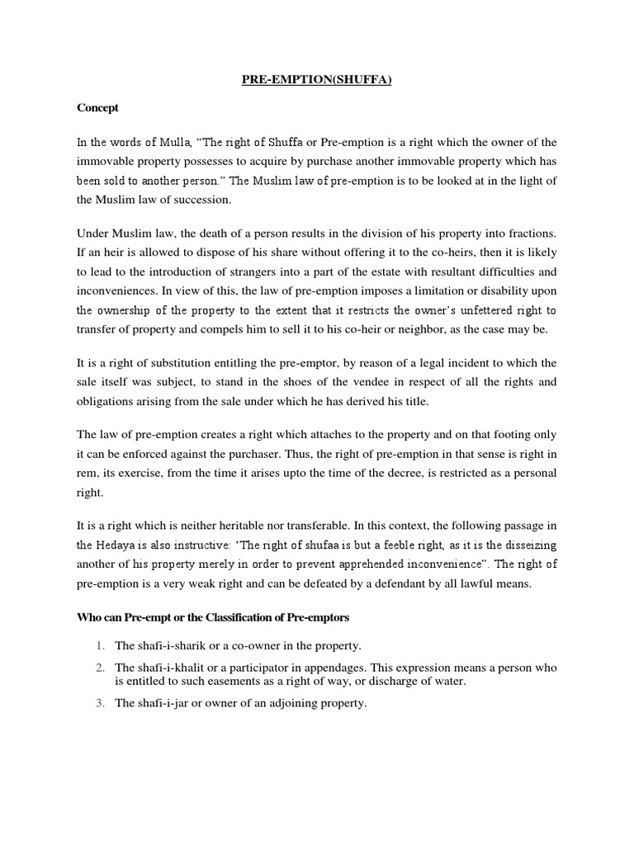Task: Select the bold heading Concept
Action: tap(98, 108)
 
